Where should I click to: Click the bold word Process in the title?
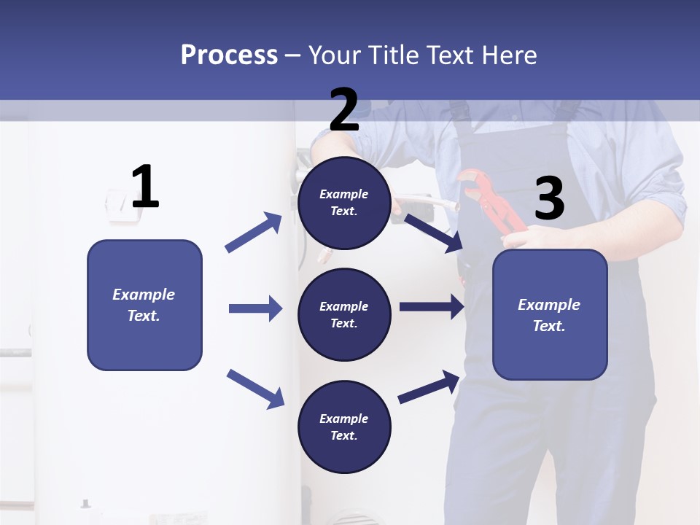(229, 55)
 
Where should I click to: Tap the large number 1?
(145, 187)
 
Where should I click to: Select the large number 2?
(344, 110)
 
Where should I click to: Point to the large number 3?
(549, 199)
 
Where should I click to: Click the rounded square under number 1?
(144, 305)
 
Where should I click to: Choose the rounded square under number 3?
(550, 314)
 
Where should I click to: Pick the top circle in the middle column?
(344, 203)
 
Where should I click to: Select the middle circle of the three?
(344, 314)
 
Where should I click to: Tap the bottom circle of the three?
(344, 427)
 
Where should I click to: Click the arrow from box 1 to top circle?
(253, 233)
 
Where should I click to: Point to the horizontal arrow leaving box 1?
(255, 308)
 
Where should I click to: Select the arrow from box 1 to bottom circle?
(255, 388)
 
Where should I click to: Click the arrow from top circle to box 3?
(435, 233)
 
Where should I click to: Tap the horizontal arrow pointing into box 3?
(432, 307)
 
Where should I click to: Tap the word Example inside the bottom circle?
(344, 419)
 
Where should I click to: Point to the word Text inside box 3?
(548, 326)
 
